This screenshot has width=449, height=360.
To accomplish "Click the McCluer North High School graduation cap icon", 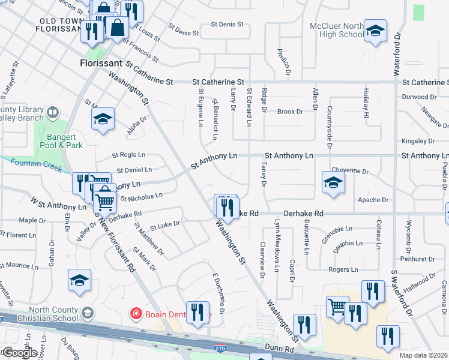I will point(375,31).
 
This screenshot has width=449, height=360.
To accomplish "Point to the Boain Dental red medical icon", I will point(136,313).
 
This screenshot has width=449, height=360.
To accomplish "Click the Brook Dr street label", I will point(288,112).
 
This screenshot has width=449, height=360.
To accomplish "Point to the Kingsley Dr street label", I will point(420,141).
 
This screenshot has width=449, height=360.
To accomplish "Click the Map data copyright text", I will point(424,355).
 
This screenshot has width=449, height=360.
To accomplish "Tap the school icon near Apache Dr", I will point(333,183).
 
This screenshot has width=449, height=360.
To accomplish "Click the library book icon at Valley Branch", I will point(53,112).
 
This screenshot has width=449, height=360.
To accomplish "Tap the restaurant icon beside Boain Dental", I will point(197,313).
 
